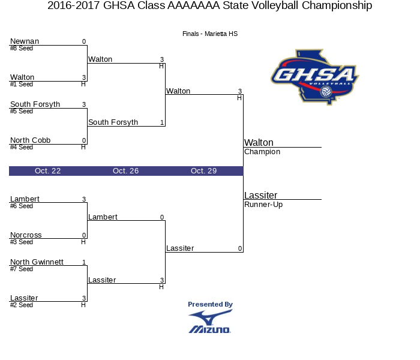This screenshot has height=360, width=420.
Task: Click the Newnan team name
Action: pyautogui.click(x=25, y=41)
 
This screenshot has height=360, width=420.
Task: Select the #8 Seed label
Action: pyautogui.click(x=22, y=48)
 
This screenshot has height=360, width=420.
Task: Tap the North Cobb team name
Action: pyautogui.click(x=30, y=140)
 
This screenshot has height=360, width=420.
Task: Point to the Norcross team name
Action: pyautogui.click(x=26, y=235)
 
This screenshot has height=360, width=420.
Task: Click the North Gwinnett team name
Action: pyautogui.click(x=37, y=262)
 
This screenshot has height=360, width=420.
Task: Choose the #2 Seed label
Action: pyautogui.click(x=22, y=305)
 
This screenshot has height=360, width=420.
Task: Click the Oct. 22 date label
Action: pyautogui.click(x=47, y=171)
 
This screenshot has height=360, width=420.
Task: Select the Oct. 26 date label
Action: pyautogui.click(x=125, y=171)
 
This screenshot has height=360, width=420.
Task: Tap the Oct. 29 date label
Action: pyautogui.click(x=203, y=171)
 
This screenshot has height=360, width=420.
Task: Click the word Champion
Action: pyautogui.click(x=262, y=152)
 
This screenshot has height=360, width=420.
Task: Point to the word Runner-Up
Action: pyautogui.click(x=263, y=205)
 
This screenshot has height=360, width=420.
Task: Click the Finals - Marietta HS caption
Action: pyautogui.click(x=210, y=34)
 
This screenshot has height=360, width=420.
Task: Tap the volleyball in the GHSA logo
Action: pyautogui.click(x=326, y=92)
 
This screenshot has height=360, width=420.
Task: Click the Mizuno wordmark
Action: pyautogui.click(x=210, y=329)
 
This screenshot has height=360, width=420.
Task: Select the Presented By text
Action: pyautogui.click(x=210, y=304)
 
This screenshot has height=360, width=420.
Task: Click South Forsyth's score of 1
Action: pyautogui.click(x=162, y=122)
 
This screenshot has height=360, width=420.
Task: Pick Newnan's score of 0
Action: pyautogui.click(x=84, y=41)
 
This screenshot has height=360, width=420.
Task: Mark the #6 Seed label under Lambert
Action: pyautogui.click(x=22, y=206)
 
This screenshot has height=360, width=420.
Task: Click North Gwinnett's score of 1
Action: pyautogui.click(x=84, y=262)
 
